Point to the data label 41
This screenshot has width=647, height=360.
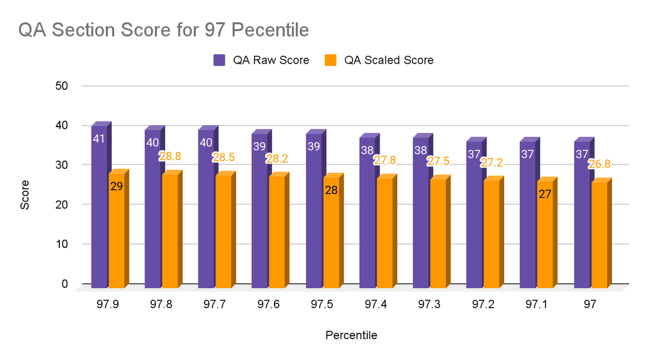(99, 139)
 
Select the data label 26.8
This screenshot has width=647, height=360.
(599, 164)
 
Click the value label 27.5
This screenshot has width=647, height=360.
(438, 161)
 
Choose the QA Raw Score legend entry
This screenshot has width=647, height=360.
(262, 60)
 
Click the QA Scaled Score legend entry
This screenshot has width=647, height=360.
(381, 60)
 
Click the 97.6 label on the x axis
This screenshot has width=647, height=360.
(269, 305)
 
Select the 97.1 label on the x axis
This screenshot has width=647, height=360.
(537, 305)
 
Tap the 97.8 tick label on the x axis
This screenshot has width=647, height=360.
(161, 305)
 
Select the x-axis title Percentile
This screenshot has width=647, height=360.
(351, 335)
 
